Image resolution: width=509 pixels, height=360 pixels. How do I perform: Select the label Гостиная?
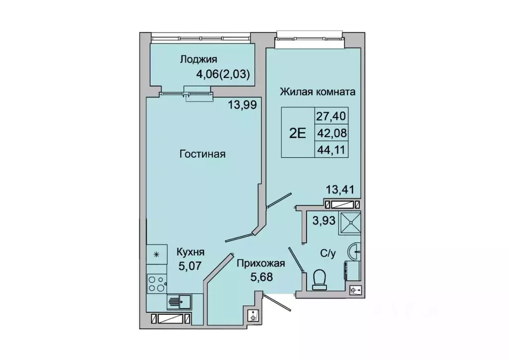tap(202, 154)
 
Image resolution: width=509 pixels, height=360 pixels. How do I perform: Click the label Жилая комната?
tap(317, 92)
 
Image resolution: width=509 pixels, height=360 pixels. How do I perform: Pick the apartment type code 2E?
tap(297, 133)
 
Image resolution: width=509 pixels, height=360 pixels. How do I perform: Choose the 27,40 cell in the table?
tap(331, 116)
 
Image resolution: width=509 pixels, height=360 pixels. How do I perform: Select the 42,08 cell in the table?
tap(331, 133)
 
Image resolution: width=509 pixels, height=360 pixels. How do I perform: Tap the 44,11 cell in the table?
tap(331, 149)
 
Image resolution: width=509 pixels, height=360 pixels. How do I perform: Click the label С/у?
tap(327, 254)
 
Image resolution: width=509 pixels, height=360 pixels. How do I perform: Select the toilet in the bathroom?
tap(319, 279)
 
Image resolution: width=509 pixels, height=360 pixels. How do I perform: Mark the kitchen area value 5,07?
tap(190, 266)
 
